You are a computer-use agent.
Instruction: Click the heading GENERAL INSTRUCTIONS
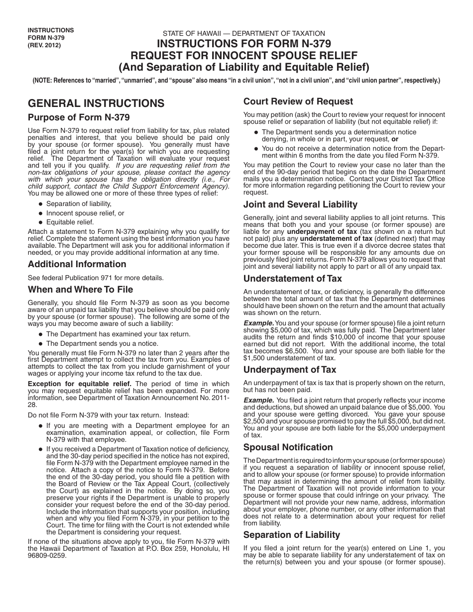tap(96, 103)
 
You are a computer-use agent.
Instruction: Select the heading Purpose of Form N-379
tap(79, 118)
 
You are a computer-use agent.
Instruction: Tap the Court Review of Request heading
tap(298, 102)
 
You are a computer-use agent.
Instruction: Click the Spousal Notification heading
tap(288, 447)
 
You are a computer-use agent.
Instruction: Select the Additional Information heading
tap(77, 264)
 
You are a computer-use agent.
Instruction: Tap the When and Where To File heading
tap(80, 289)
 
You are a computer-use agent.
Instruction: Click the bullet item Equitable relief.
tap(70, 222)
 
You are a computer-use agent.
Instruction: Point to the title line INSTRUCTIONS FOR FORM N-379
tap(244, 44)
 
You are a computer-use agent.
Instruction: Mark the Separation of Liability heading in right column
tap(292, 535)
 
